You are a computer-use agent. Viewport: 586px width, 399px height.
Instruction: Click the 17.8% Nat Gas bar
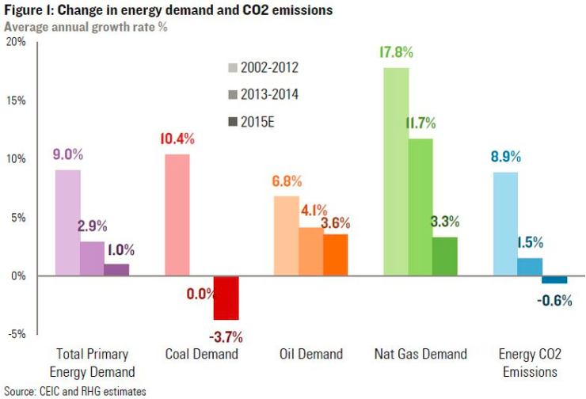pos(396,171)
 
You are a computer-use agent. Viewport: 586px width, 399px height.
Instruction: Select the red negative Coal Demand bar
pos(226,298)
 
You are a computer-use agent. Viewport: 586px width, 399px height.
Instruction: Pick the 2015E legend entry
pos(256,123)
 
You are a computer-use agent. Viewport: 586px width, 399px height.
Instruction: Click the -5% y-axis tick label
pos(17,333)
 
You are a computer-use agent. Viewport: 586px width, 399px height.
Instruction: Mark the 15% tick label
pos(16,101)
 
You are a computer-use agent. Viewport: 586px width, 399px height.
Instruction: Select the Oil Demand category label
pos(310,354)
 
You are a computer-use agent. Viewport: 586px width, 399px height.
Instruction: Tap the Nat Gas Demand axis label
pos(420,354)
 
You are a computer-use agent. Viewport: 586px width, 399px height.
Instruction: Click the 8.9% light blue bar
pos(505,224)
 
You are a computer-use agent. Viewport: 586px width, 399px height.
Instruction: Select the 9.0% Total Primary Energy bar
pos(67,222)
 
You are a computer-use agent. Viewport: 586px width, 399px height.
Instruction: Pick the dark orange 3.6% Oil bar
pos(335,255)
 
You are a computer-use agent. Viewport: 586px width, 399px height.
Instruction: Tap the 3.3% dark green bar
pos(444,256)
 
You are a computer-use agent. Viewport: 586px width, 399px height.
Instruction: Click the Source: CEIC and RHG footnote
pos(74,390)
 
